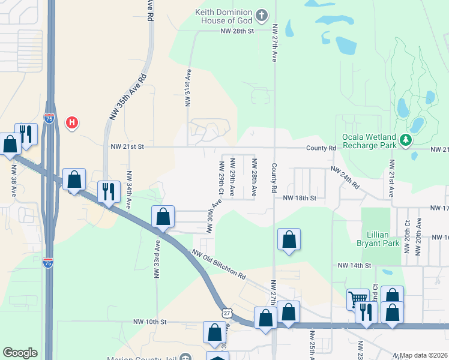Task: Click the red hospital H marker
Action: (72, 123)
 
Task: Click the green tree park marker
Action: (406, 140)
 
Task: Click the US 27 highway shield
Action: (225, 313)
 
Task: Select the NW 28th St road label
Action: (238, 31)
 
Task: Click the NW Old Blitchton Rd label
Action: (219, 265)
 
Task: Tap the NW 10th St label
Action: (147, 322)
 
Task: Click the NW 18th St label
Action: (299, 197)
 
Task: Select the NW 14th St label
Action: (354, 265)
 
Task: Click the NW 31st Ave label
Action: (188, 88)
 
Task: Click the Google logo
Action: (20, 353)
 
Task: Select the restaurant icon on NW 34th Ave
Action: (108, 192)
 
